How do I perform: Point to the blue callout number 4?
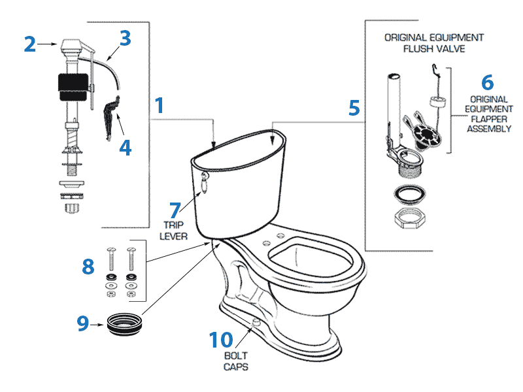tap(125, 148)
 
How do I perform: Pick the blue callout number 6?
tap(487, 83)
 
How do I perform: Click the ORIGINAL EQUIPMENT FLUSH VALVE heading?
tap(433, 43)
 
